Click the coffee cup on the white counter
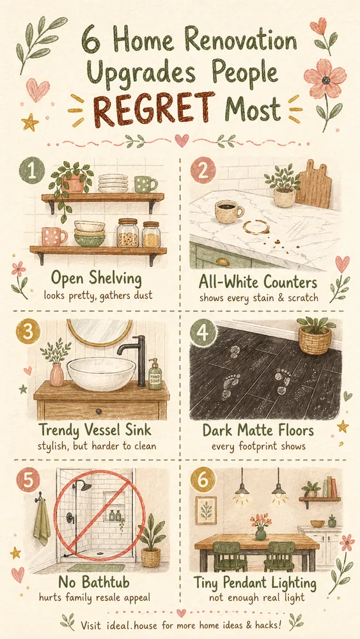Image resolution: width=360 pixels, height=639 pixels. click(229, 212)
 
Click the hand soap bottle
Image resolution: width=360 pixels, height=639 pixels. click(155, 374)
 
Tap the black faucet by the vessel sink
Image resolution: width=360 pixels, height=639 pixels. click(136, 358)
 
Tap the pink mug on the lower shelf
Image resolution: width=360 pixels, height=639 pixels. click(54, 236)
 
